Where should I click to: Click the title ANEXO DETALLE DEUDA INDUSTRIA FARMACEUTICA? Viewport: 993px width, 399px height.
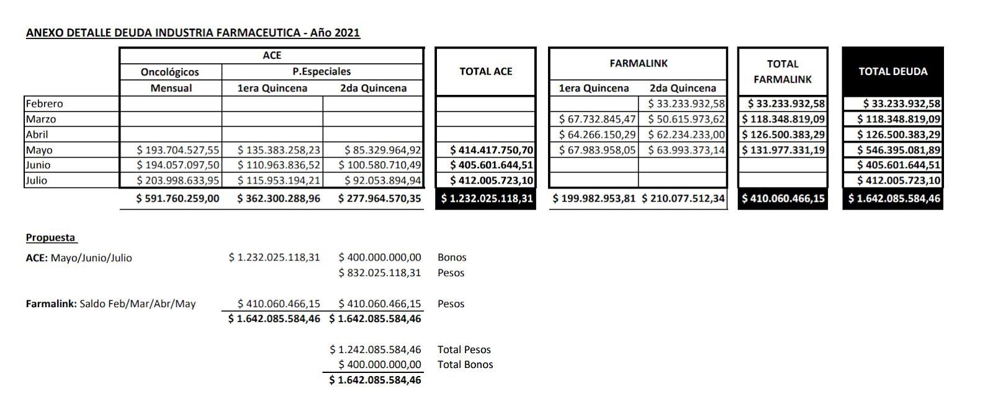(x=192, y=33)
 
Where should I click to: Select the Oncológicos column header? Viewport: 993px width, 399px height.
(x=170, y=72)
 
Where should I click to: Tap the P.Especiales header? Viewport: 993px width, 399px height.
(x=321, y=72)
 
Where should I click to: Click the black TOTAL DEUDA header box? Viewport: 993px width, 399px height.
(x=892, y=71)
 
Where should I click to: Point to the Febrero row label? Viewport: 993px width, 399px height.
(x=45, y=104)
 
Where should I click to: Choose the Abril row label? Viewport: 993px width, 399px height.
(x=37, y=134)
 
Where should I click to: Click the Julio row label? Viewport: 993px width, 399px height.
(x=37, y=181)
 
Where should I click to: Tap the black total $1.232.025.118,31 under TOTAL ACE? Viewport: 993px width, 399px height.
(x=485, y=199)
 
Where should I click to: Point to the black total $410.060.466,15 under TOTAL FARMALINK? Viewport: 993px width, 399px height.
(x=783, y=199)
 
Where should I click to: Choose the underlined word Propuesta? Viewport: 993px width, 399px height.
(x=51, y=238)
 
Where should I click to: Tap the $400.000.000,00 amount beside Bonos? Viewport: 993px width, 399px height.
(x=380, y=257)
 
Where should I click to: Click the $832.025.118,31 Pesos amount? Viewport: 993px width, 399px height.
(x=380, y=272)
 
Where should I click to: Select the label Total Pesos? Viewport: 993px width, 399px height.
(x=464, y=349)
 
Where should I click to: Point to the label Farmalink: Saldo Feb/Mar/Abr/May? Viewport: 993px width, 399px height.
(x=110, y=303)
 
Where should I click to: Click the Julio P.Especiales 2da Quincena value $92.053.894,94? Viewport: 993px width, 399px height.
(x=379, y=181)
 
